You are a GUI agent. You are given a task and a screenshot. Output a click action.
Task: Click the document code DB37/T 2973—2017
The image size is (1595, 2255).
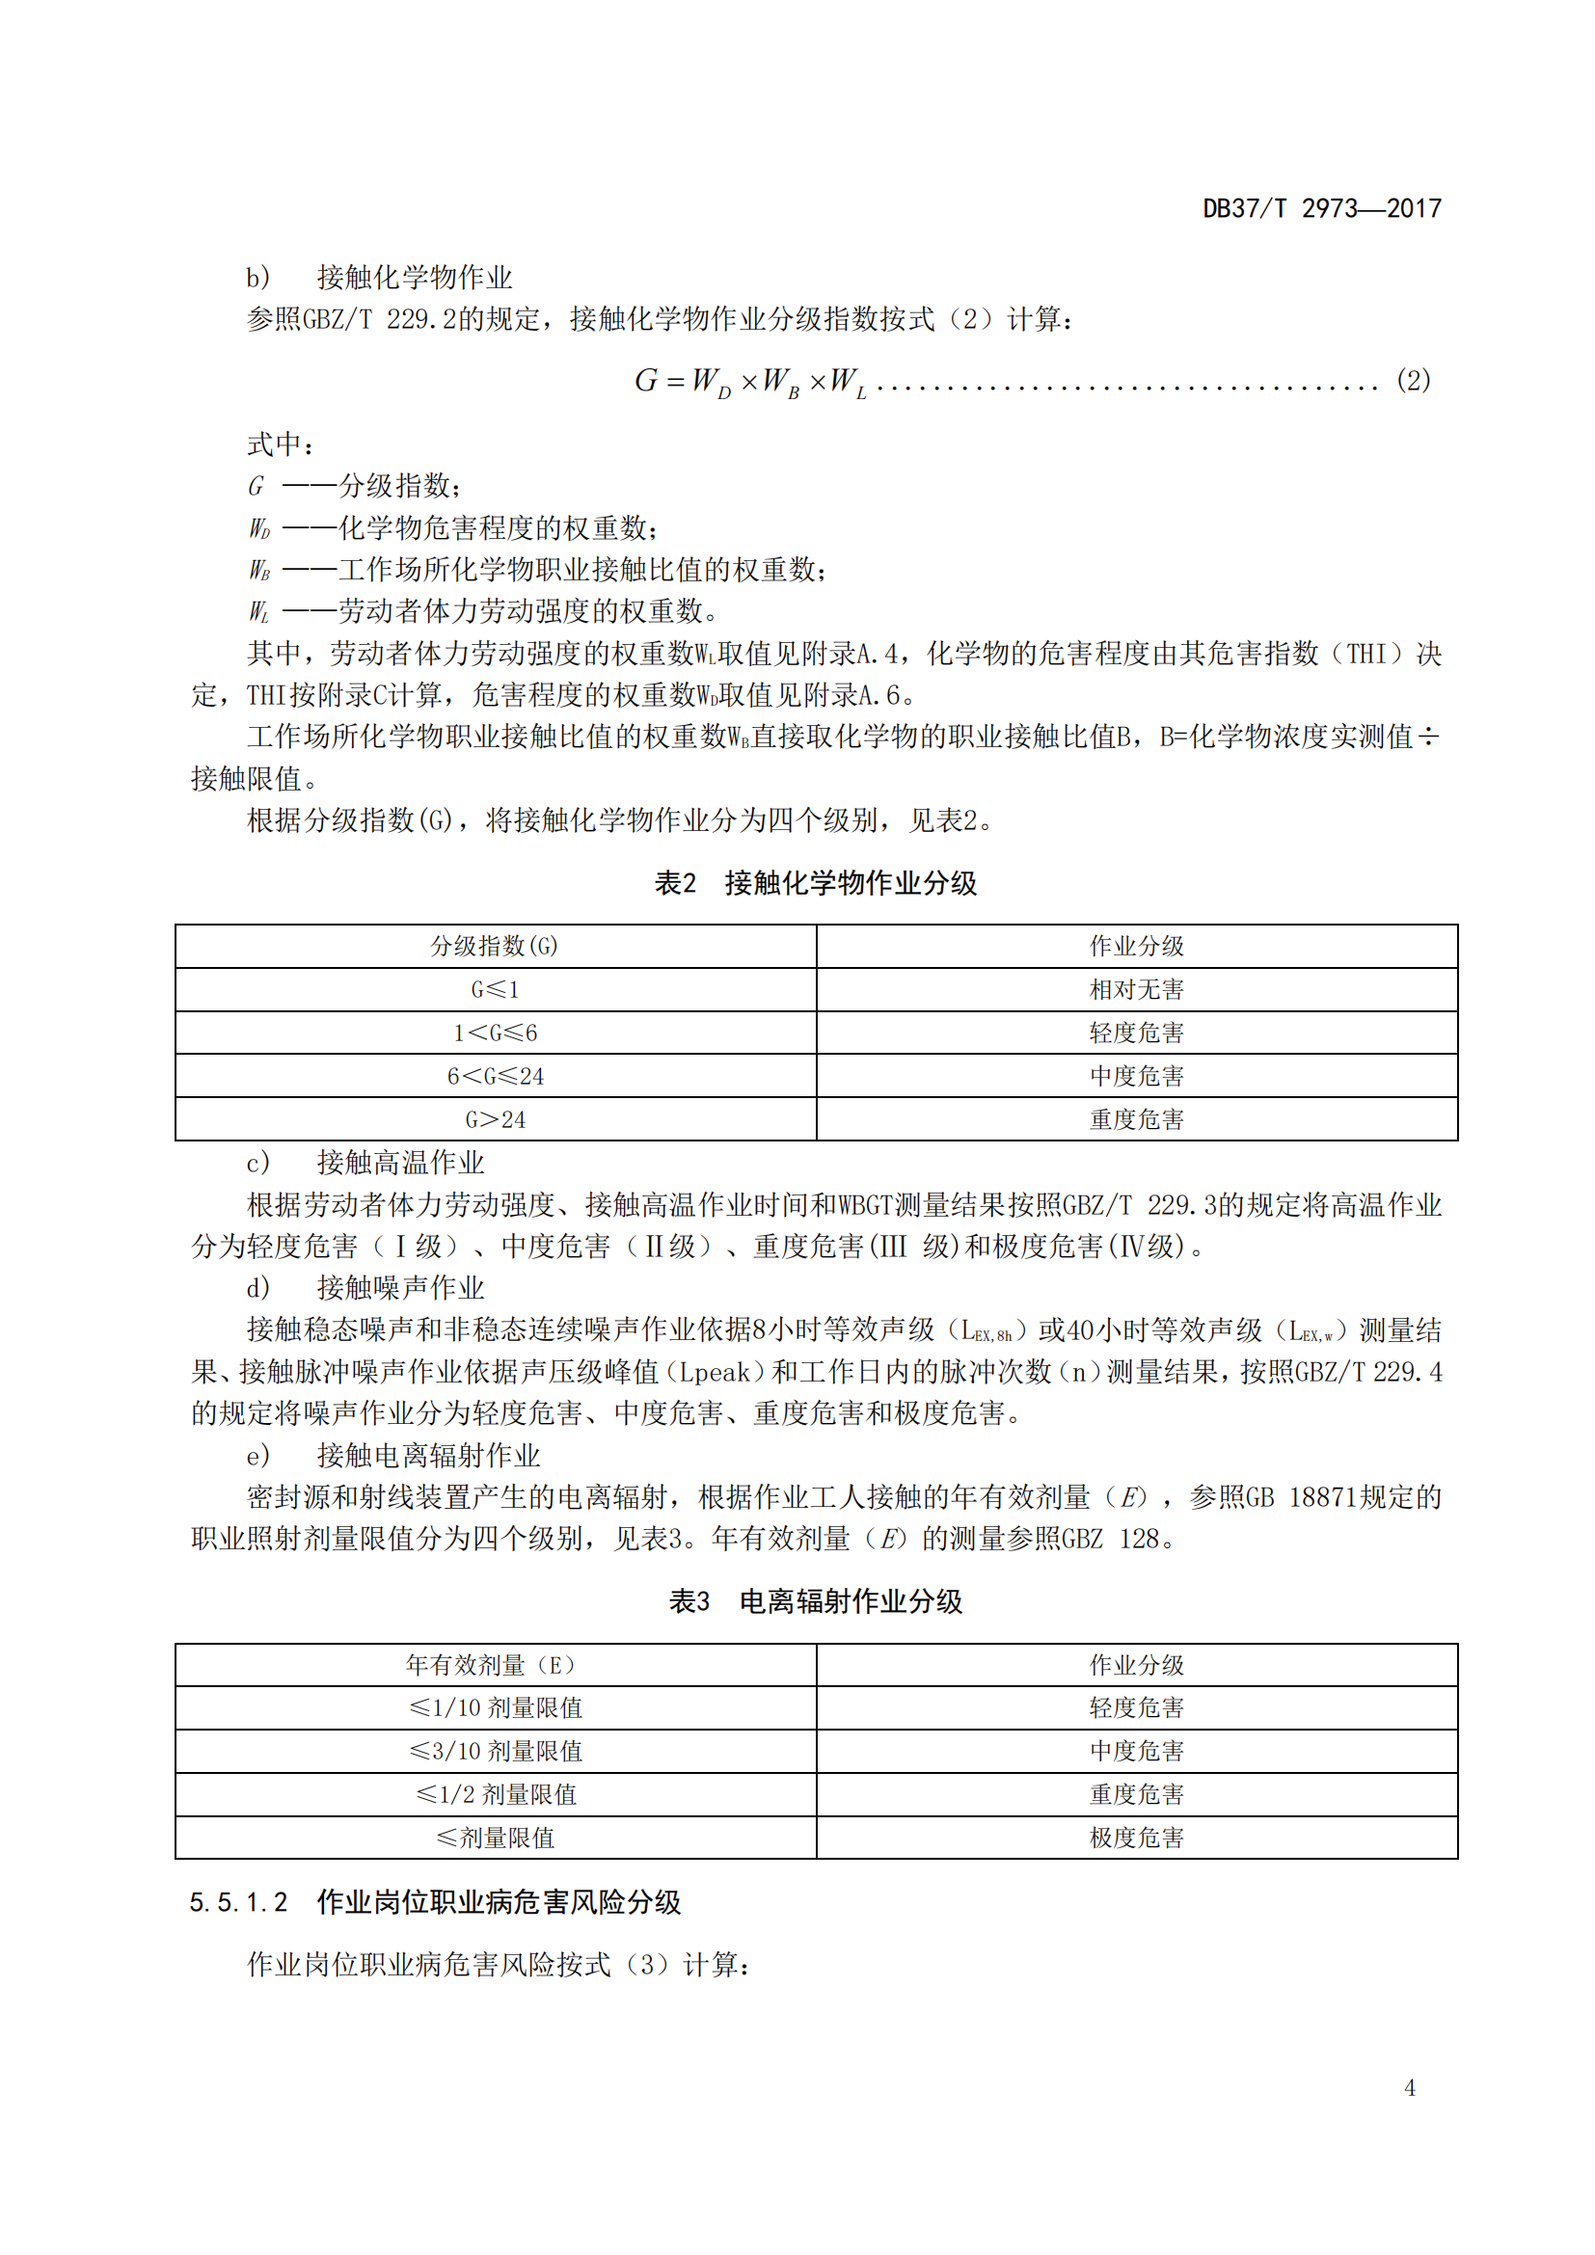pos(1321,208)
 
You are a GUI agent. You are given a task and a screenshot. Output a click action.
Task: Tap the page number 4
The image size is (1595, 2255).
pos(1410,2087)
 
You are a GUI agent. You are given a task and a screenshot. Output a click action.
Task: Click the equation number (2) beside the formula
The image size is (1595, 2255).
pos(1413,380)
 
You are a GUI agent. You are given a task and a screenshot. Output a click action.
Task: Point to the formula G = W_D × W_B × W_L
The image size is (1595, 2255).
pos(750,381)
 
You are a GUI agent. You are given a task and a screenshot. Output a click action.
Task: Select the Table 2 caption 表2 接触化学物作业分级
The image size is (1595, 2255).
pos(815,883)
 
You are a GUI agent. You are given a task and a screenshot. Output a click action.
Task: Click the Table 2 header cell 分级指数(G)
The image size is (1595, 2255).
pos(495,946)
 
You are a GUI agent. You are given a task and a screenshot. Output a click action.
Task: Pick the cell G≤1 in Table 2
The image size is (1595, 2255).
pos(495,989)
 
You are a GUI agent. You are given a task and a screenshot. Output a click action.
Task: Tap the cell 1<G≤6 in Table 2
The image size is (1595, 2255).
pos(495,1033)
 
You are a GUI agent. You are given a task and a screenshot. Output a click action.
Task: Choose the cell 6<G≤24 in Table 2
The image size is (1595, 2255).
pos(495,1076)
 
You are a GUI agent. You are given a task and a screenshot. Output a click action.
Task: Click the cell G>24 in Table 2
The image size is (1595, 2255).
pos(495,1118)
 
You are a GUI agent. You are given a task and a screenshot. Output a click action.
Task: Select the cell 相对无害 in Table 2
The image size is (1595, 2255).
pos(1136,989)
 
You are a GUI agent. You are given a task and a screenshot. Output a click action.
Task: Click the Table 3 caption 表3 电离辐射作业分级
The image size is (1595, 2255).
pos(815,1601)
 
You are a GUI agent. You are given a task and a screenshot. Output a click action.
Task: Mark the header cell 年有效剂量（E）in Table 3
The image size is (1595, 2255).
pos(495,1665)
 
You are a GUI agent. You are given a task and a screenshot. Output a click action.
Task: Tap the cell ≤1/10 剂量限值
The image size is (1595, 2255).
pos(495,1708)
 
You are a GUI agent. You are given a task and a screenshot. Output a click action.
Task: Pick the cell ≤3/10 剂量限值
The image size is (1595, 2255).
pos(495,1751)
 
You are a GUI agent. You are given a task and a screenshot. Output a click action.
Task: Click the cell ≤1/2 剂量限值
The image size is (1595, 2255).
pos(495,1794)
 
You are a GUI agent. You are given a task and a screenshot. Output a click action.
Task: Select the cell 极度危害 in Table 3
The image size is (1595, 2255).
pos(1136,1838)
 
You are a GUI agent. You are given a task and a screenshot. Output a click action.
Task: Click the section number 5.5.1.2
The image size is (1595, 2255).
pos(238,1902)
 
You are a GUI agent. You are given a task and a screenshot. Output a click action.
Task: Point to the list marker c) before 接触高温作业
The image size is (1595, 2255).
pos(257,1163)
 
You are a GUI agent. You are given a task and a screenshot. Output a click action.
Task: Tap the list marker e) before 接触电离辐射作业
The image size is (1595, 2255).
pos(257,1456)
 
